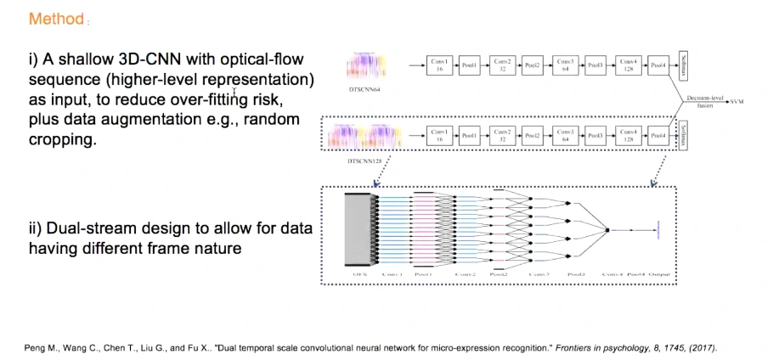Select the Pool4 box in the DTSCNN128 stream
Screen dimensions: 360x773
[x=657, y=136]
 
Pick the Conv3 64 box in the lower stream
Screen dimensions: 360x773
[x=565, y=136]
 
